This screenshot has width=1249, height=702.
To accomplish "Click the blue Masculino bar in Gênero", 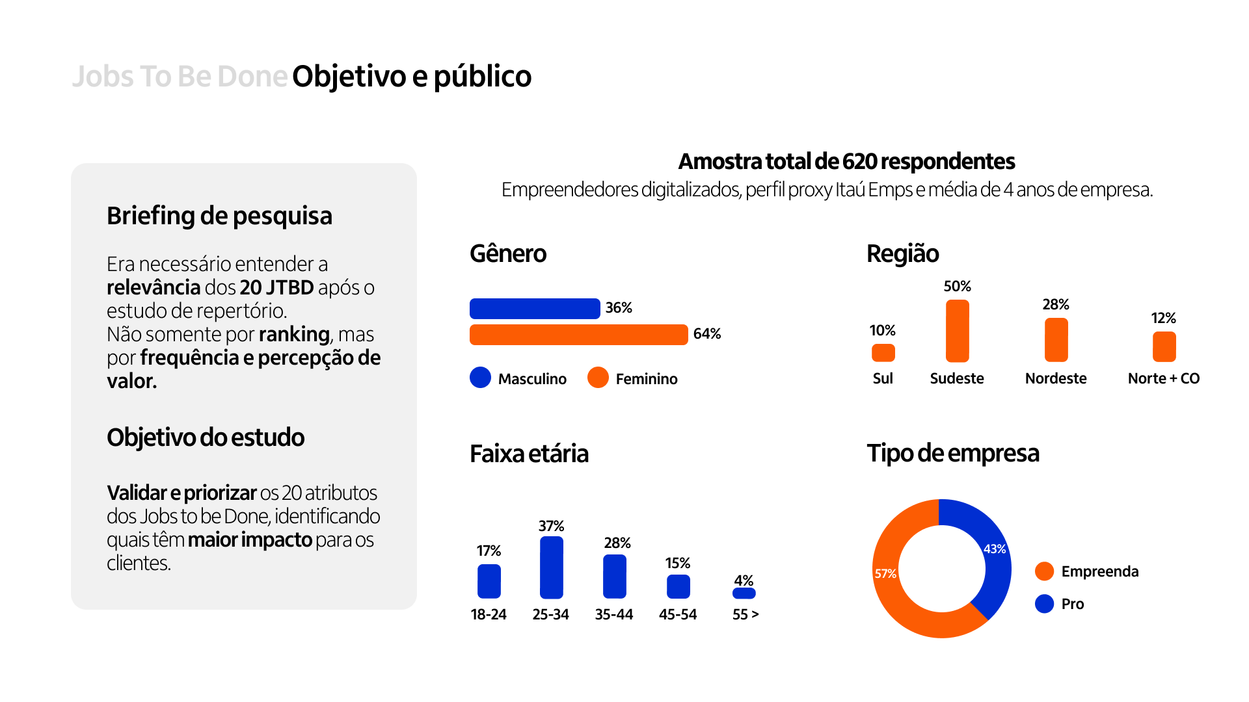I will (x=534, y=309).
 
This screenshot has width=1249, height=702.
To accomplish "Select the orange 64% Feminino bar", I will (x=578, y=335).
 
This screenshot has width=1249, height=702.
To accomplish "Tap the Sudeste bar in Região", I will (x=957, y=331).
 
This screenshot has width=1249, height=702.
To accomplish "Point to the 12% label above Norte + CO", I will (x=1163, y=318).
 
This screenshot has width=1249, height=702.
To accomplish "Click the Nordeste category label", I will (x=1055, y=378).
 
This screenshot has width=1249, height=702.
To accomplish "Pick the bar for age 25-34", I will (x=551, y=567).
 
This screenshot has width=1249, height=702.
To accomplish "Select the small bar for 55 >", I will (x=744, y=593).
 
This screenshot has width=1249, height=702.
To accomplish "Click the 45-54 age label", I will (x=677, y=614).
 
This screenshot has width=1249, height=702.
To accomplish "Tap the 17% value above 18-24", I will (x=489, y=551).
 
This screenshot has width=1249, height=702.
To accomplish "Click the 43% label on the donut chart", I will (x=994, y=549).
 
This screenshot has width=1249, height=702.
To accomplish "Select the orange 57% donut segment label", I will (x=885, y=574).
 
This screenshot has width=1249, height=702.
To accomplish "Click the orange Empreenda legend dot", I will (x=1044, y=571).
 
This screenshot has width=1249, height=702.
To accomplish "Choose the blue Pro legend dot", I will (x=1044, y=604).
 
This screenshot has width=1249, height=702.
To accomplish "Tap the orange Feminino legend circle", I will (x=598, y=378).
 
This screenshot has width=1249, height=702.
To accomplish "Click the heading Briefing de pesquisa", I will (x=219, y=216).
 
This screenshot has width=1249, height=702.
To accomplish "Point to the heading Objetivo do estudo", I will (x=206, y=437).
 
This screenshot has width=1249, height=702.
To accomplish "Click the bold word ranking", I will (x=294, y=334).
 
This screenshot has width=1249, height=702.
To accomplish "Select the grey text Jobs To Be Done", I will (x=180, y=77).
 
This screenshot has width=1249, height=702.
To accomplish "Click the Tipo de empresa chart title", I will (x=952, y=453).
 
